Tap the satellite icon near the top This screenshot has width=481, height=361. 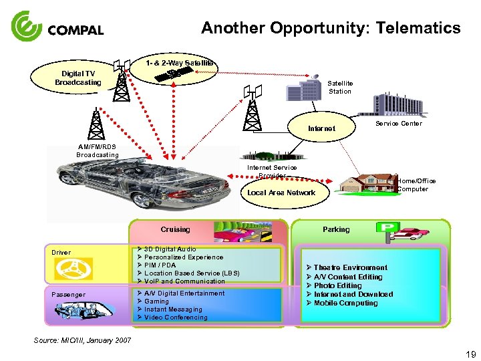coord(175,74)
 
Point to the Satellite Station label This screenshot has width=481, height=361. coord(340,87)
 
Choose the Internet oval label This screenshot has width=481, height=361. coord(321,128)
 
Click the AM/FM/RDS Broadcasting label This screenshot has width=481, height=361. coord(98,151)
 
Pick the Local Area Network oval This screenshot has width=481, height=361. coord(281,193)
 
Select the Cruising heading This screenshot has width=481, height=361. coord(175,229)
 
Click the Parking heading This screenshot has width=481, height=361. coord(336,229)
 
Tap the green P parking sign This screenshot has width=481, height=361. coord(385,228)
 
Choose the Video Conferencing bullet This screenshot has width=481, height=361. coord(176,318)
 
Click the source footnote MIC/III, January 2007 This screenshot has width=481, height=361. coord(82,341)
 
